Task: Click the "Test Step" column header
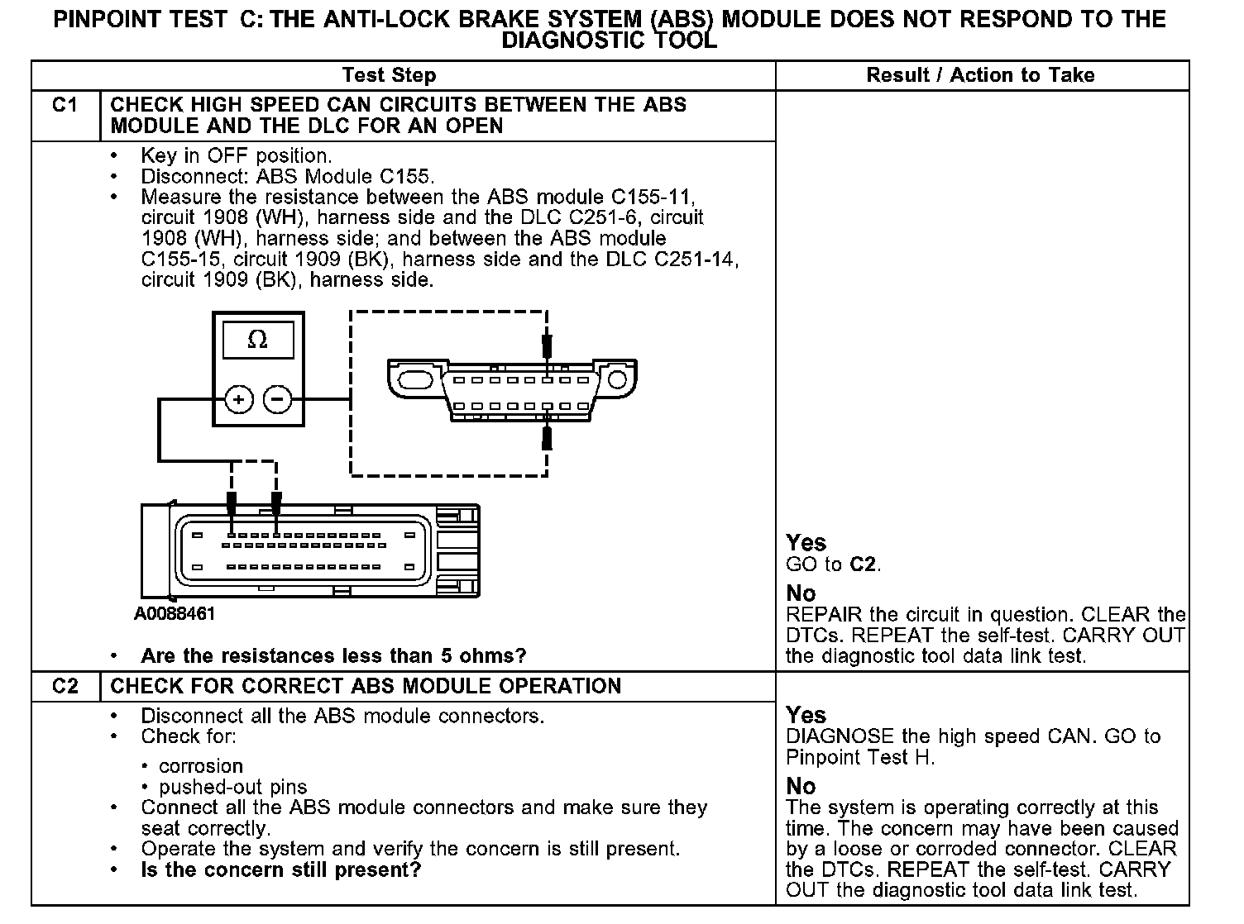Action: click(x=389, y=75)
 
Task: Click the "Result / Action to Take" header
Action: click(x=980, y=75)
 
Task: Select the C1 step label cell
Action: click(x=65, y=106)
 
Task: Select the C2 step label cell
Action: click(x=65, y=686)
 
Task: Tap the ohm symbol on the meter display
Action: click(x=257, y=340)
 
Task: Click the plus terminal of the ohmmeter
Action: click(x=239, y=400)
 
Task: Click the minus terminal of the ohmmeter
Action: click(x=278, y=400)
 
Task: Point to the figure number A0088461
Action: click(x=175, y=614)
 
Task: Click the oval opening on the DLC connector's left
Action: click(x=413, y=380)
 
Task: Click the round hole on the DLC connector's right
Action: click(x=617, y=380)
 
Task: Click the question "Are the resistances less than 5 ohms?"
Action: click(x=333, y=656)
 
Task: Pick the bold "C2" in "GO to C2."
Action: click(x=864, y=565)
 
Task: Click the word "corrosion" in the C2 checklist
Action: click(x=201, y=766)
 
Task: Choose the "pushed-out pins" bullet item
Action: click(x=232, y=787)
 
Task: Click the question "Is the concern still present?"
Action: click(x=281, y=869)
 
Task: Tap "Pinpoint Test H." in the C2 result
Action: click(x=860, y=757)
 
